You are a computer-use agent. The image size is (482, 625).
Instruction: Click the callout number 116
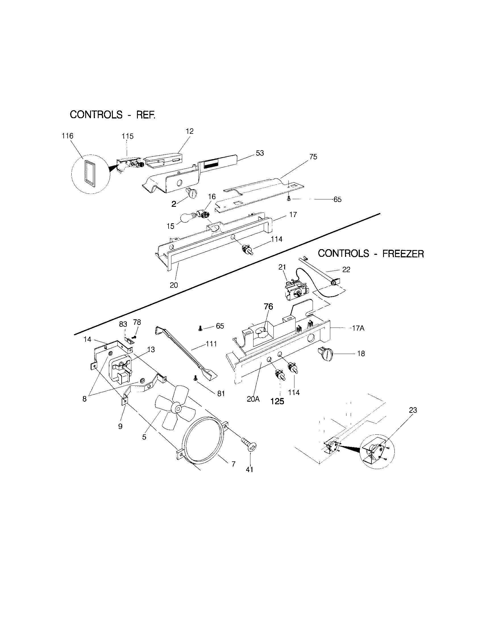[68, 136]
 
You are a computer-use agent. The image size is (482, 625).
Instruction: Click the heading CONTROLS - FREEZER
[371, 253]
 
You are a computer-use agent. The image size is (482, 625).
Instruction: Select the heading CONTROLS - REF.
[113, 115]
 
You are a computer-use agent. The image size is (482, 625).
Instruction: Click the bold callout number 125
[277, 401]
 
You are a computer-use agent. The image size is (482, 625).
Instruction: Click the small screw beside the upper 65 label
[289, 198]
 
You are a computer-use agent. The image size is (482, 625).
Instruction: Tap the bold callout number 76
[268, 307]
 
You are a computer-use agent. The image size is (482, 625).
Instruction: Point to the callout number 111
[211, 344]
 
